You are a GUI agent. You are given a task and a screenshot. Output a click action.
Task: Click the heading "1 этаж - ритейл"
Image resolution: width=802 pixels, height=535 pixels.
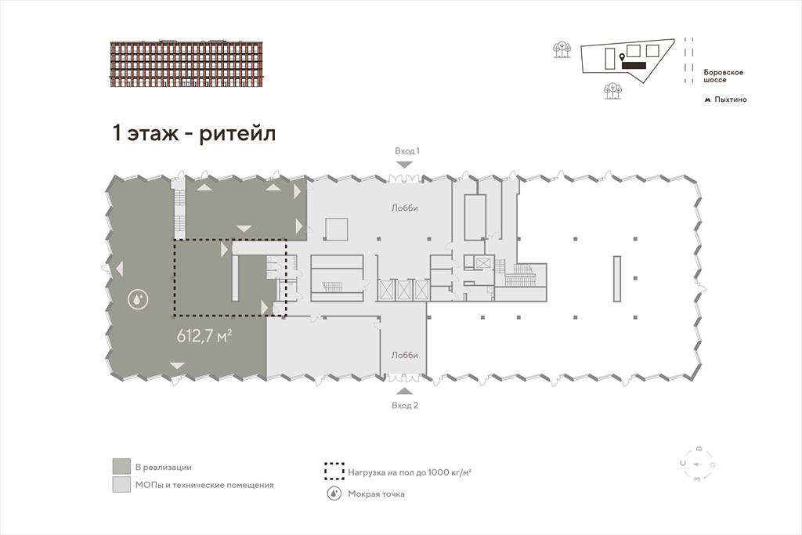[x=194, y=133]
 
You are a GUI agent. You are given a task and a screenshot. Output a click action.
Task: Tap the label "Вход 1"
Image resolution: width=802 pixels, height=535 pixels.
[x=407, y=151]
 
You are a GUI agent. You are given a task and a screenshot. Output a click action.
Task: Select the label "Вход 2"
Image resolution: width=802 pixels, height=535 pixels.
[x=405, y=406]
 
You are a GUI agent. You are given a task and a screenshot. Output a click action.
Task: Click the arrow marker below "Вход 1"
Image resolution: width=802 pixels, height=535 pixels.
[x=405, y=164]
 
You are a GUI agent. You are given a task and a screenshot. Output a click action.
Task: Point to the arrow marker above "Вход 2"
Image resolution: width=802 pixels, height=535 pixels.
[x=405, y=392]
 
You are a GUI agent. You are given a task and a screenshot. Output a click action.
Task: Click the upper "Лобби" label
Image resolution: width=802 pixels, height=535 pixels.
[x=405, y=208]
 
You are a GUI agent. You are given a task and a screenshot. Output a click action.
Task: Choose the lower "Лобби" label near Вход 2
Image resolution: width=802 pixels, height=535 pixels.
[x=405, y=355]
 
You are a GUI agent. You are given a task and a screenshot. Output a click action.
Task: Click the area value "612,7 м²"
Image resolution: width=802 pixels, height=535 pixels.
[x=204, y=336]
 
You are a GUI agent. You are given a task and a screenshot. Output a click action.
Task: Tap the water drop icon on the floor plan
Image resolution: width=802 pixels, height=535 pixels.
[x=138, y=300]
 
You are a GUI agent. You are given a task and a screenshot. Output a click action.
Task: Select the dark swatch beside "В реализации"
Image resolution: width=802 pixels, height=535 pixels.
[x=121, y=467]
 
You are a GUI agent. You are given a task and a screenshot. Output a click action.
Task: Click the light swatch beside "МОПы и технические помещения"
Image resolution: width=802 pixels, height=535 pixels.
[x=121, y=485]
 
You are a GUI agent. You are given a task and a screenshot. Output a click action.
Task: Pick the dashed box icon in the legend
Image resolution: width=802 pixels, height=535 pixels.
[x=334, y=472]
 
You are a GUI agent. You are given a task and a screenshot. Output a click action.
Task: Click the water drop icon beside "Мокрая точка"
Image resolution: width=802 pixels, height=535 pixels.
[x=334, y=494]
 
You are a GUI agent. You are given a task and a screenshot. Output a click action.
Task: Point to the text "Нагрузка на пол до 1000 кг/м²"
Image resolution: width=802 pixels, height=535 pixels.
[x=410, y=472]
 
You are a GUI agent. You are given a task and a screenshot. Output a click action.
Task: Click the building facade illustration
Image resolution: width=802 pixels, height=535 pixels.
[x=186, y=63]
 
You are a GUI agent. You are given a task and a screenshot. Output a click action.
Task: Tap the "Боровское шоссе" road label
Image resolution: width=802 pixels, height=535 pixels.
[x=723, y=76]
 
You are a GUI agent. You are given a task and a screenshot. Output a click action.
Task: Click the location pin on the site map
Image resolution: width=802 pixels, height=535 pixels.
[x=622, y=57]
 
